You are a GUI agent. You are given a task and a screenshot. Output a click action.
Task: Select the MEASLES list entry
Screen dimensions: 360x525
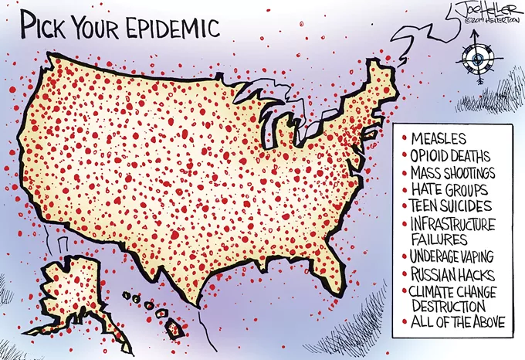[x=439, y=139]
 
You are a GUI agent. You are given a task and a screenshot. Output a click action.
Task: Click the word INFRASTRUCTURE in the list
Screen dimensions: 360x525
[x=459, y=224]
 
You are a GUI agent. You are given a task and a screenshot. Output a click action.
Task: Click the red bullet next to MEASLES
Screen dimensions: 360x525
[x=404, y=139]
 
